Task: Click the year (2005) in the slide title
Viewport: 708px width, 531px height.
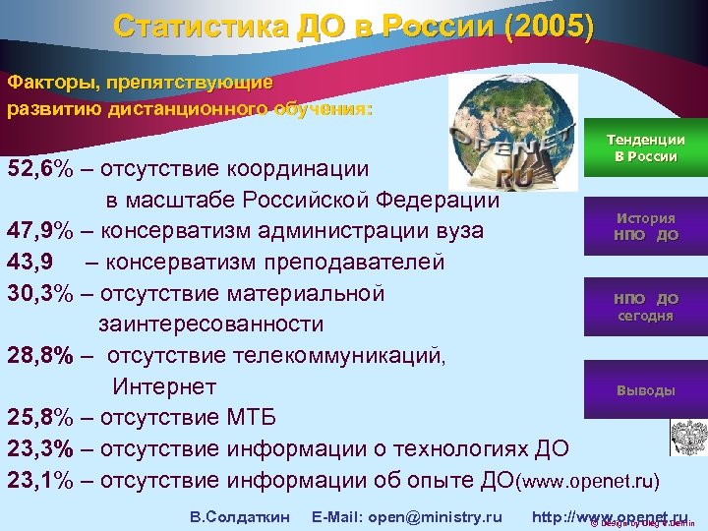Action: click(x=548, y=26)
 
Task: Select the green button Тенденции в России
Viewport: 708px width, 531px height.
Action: click(x=645, y=148)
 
